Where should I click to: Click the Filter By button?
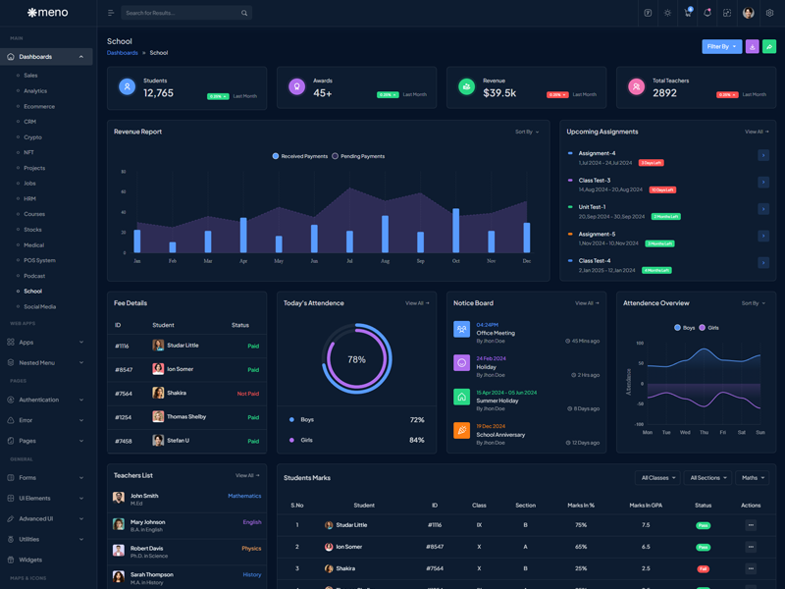point(721,46)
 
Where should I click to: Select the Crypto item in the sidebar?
point(33,137)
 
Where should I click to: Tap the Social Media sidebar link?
point(40,306)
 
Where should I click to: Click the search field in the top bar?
point(182,13)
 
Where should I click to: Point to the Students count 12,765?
point(158,93)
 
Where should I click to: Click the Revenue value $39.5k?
point(499,93)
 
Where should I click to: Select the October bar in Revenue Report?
point(455,230)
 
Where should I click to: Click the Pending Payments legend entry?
point(362,156)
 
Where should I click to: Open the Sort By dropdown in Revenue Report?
point(527,132)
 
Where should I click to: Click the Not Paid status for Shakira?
point(247,394)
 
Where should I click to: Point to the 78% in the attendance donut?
point(356,359)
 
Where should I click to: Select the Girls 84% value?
point(416,440)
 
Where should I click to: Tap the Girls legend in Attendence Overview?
point(712,327)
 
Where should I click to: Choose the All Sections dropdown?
point(707,478)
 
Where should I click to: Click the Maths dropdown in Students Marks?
point(753,478)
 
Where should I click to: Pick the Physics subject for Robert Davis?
point(251,549)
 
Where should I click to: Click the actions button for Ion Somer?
point(751,547)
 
